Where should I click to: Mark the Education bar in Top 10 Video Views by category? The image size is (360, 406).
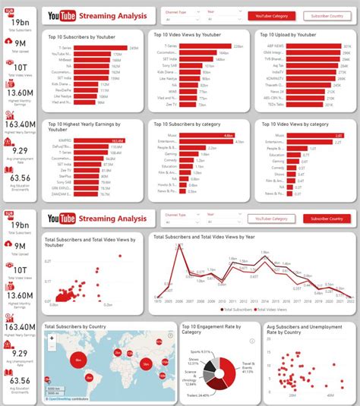(303, 155)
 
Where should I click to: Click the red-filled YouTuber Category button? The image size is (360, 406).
(271, 16)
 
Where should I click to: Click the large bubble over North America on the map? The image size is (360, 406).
(77, 358)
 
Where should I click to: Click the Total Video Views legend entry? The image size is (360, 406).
(273, 310)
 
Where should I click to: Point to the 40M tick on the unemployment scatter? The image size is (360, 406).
(330, 395)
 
